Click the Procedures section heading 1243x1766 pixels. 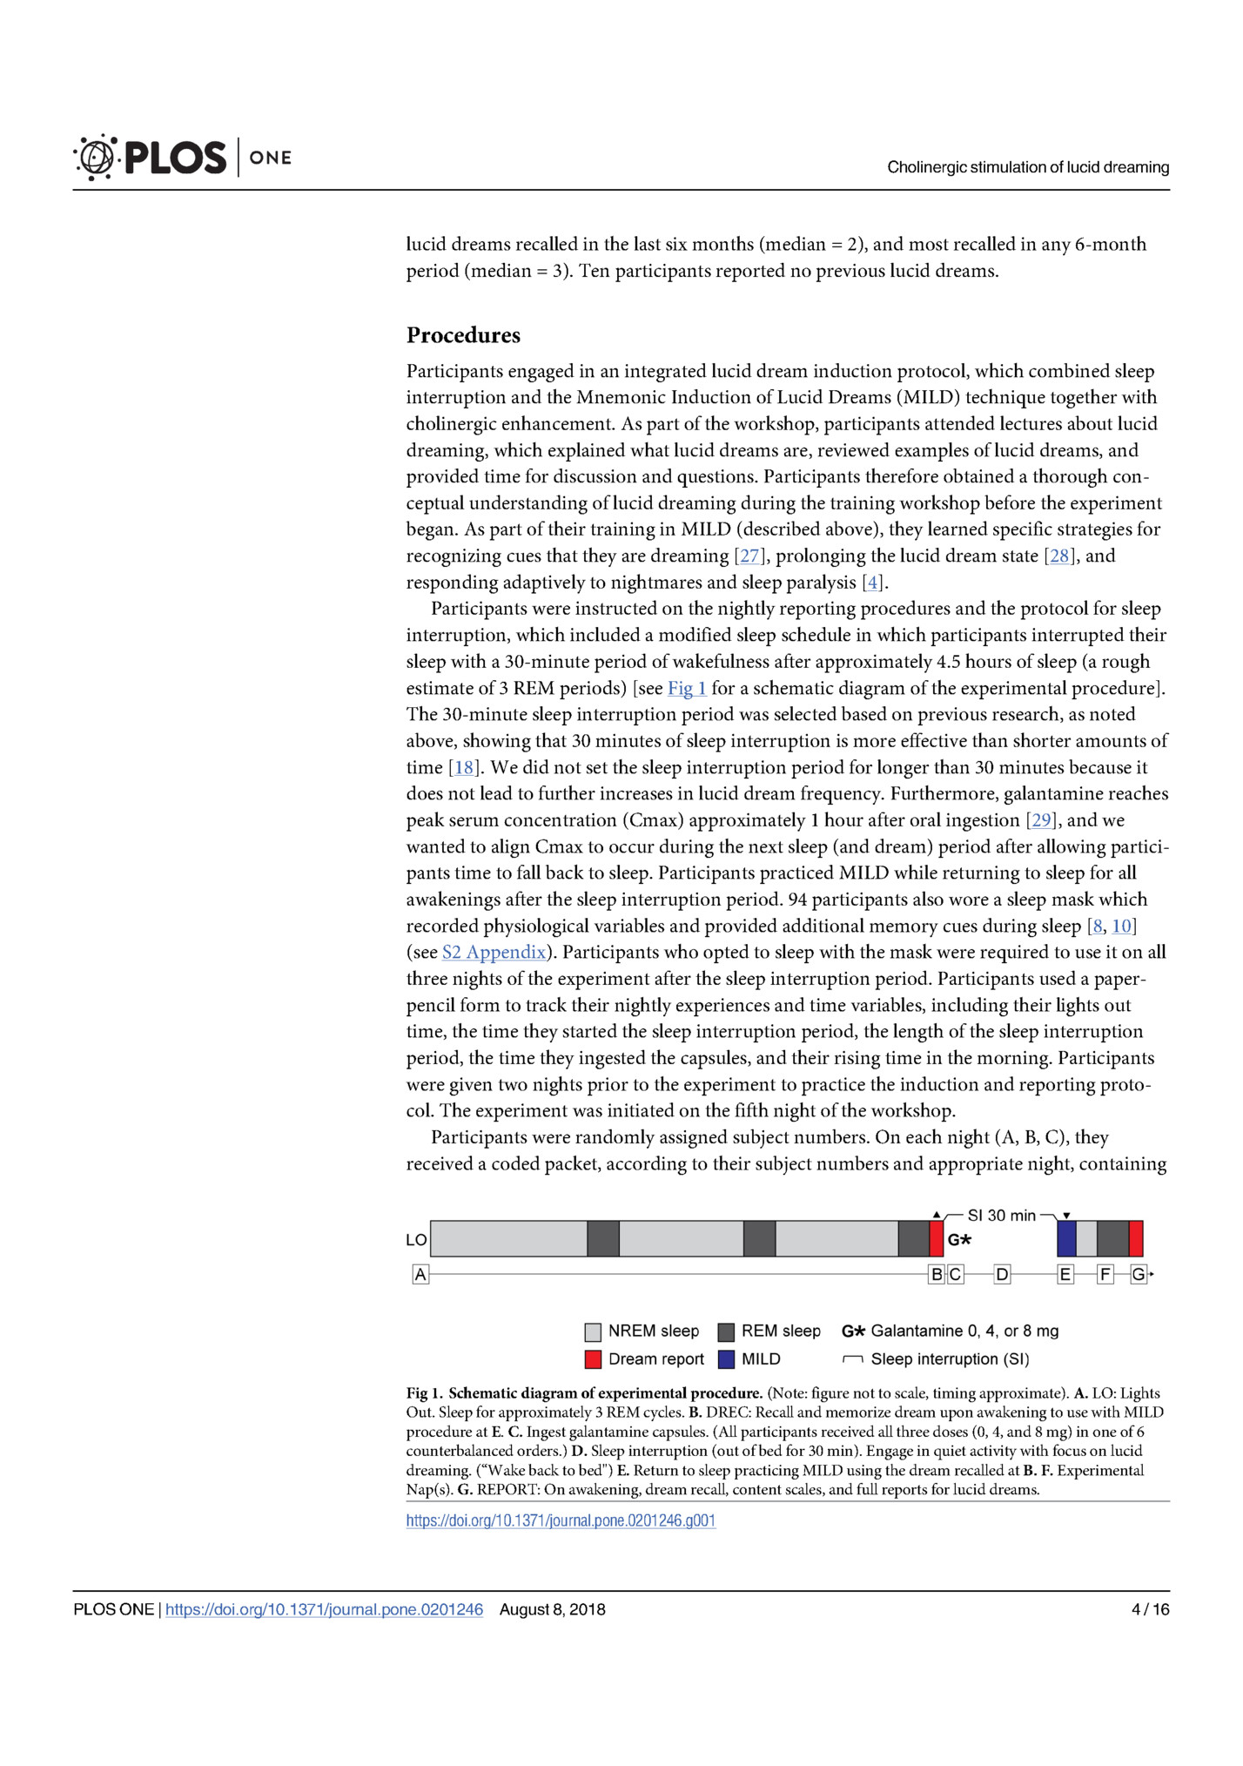[x=463, y=335]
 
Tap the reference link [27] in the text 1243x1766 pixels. [x=749, y=556]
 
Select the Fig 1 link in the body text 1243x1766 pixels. [x=687, y=689]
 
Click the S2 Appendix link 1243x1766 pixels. [x=494, y=953]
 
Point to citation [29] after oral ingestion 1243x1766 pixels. [x=1040, y=820]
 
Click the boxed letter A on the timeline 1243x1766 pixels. [x=420, y=1275]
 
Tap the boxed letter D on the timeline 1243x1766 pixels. [x=1002, y=1275]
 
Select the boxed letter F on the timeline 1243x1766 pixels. [x=1105, y=1275]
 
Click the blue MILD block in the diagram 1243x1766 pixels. [x=1066, y=1239]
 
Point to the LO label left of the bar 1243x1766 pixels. [x=416, y=1240]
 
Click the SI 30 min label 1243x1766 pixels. [x=1001, y=1216]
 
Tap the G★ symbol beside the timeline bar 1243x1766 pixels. [x=958, y=1240]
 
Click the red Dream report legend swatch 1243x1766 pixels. [x=594, y=1359]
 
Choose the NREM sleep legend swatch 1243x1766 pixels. [x=594, y=1331]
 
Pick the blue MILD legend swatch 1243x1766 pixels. [x=727, y=1359]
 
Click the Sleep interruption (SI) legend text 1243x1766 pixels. [x=950, y=1359]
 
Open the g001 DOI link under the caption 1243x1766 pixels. [x=561, y=1521]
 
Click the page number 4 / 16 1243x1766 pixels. [x=1150, y=1610]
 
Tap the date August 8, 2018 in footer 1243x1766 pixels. [x=552, y=1610]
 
